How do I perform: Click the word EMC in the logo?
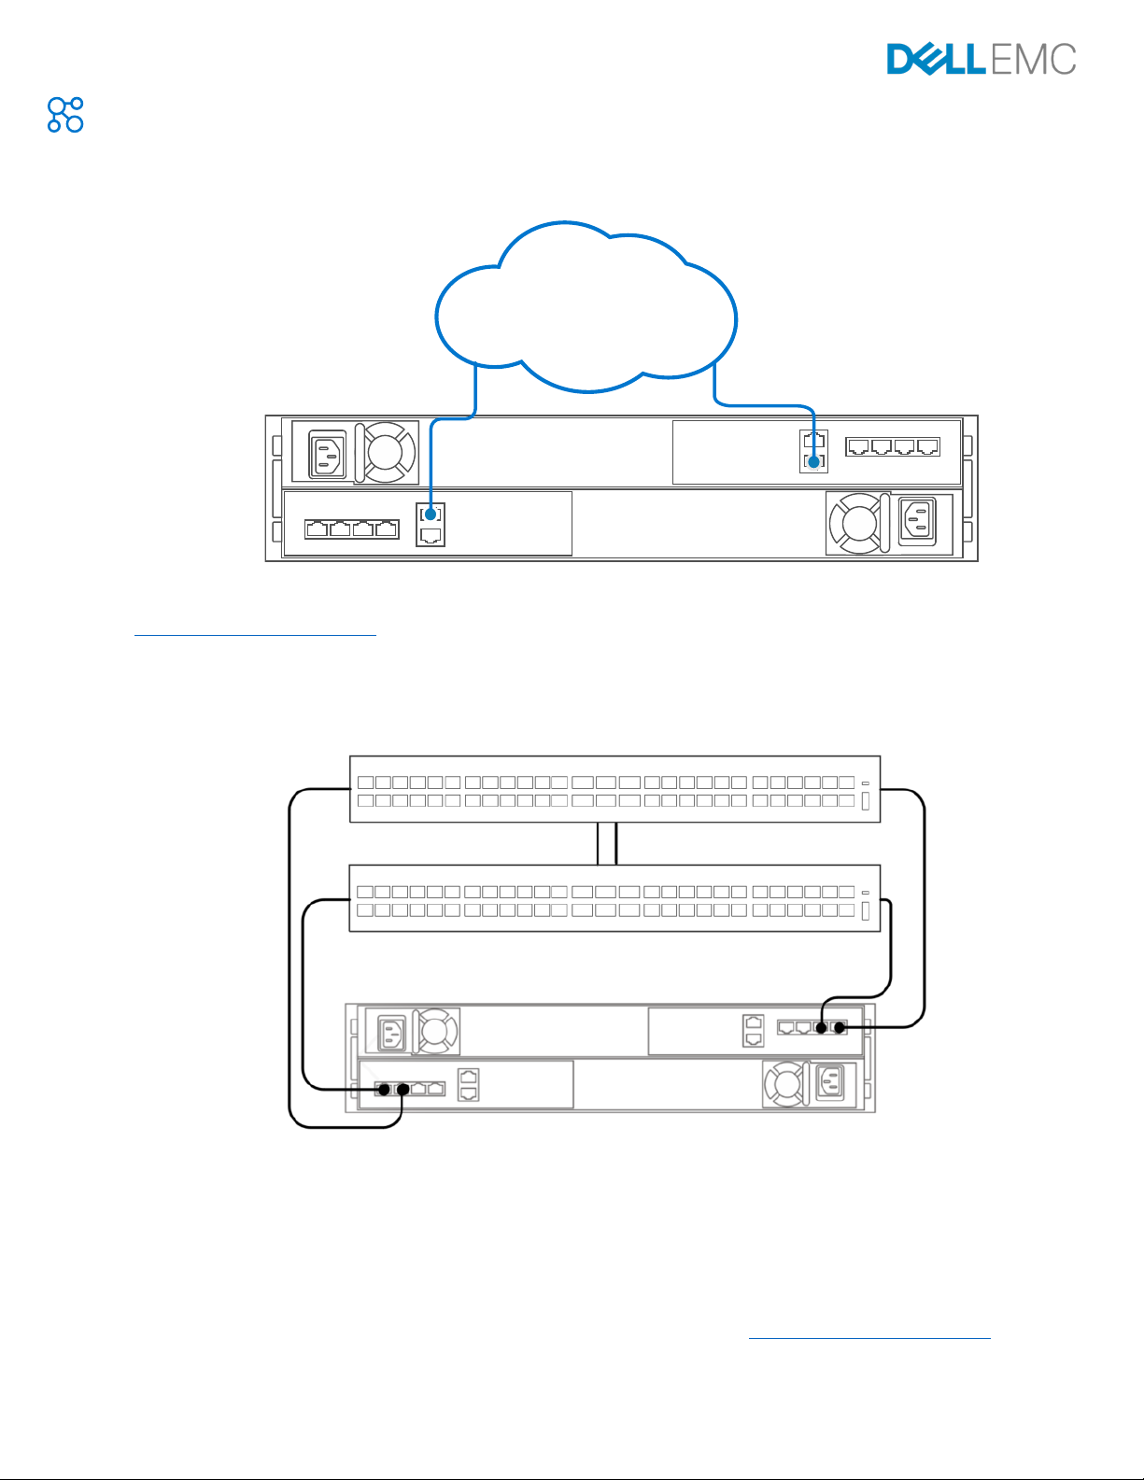click(1033, 59)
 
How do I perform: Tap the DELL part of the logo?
click(937, 59)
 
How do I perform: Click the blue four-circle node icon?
click(65, 115)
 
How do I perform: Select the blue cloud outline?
click(586, 306)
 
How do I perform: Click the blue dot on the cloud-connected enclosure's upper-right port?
click(813, 462)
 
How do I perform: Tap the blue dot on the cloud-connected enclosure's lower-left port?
click(431, 514)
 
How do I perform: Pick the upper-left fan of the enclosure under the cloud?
click(386, 452)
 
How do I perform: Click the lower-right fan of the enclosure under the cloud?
click(856, 523)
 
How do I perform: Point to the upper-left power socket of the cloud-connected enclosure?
click(327, 454)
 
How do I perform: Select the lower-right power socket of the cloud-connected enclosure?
click(917, 522)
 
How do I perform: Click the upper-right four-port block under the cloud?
click(893, 446)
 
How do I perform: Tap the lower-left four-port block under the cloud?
click(352, 529)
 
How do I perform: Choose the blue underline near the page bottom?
click(869, 1338)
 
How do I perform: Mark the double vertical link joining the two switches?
click(607, 844)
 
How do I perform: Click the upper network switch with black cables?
click(614, 789)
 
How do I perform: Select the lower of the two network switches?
click(614, 898)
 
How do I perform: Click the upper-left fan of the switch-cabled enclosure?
click(436, 1031)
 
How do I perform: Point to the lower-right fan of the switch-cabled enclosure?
click(785, 1083)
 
